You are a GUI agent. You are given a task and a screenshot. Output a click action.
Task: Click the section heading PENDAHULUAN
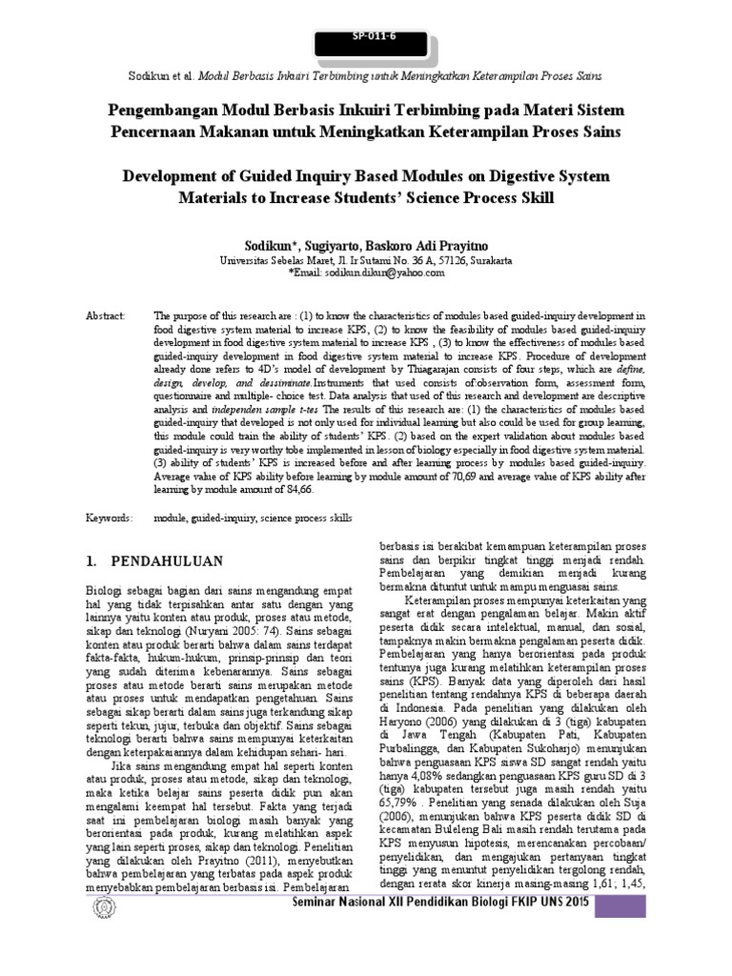[168, 560]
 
